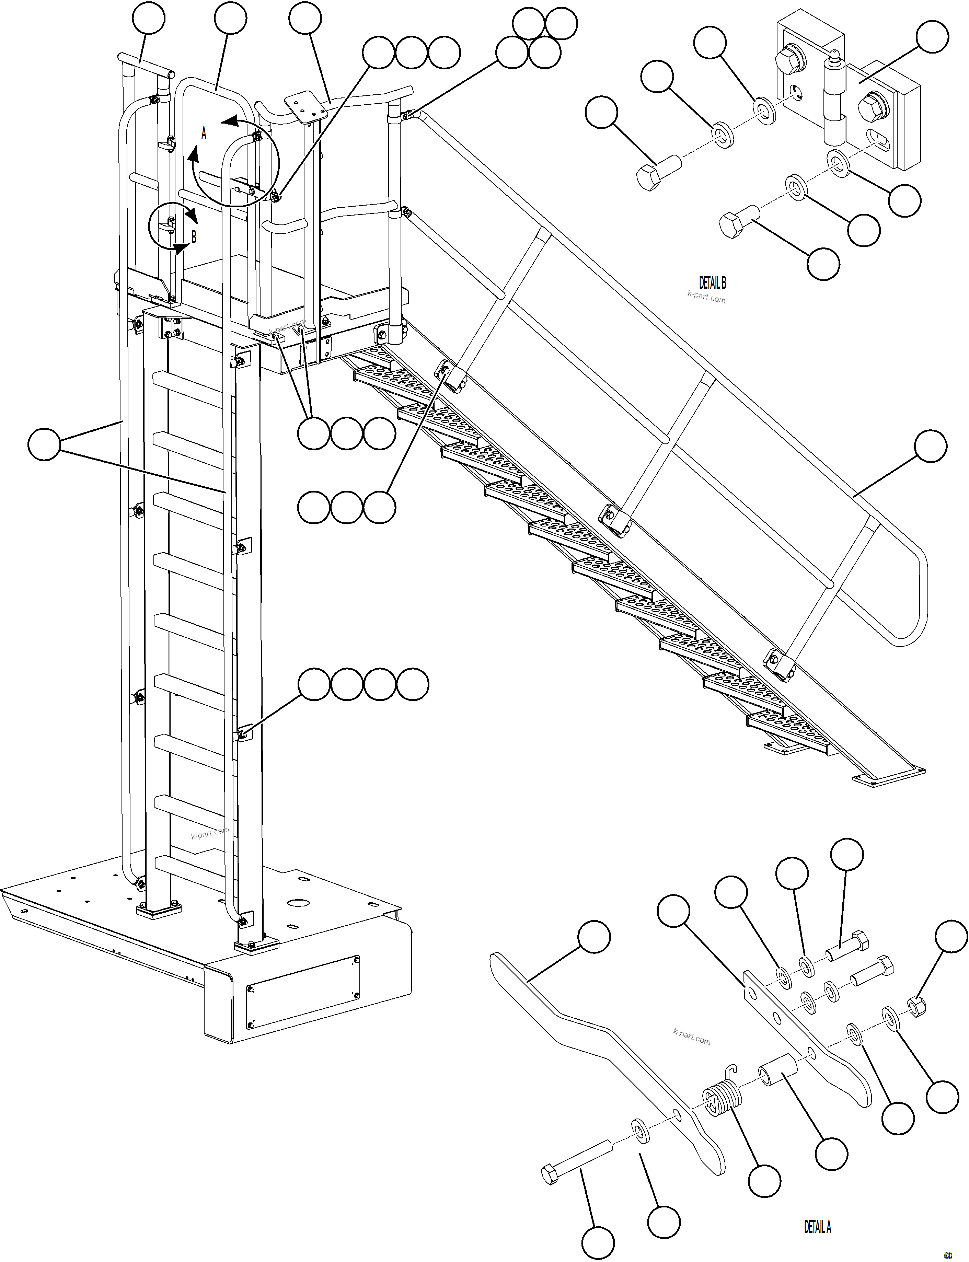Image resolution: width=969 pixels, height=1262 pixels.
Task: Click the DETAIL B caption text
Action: coord(712,282)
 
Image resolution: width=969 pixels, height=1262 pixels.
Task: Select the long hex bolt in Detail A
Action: coord(577,1159)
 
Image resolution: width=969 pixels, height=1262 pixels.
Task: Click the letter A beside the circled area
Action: coord(204,134)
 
